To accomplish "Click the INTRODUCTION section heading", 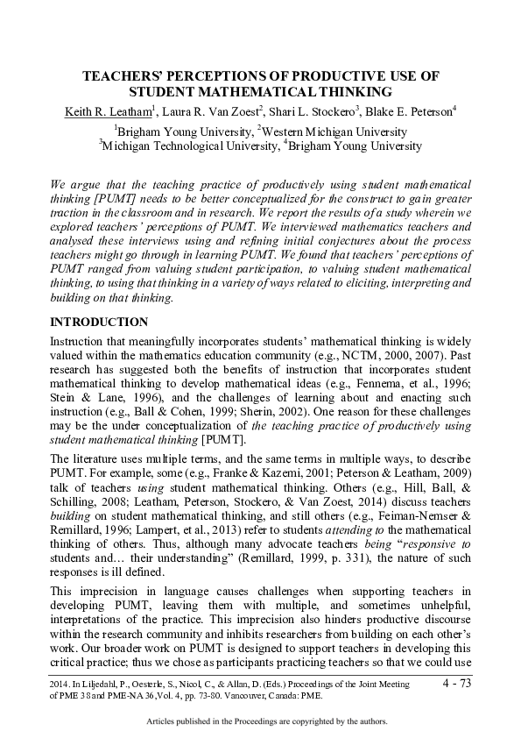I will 99,323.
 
